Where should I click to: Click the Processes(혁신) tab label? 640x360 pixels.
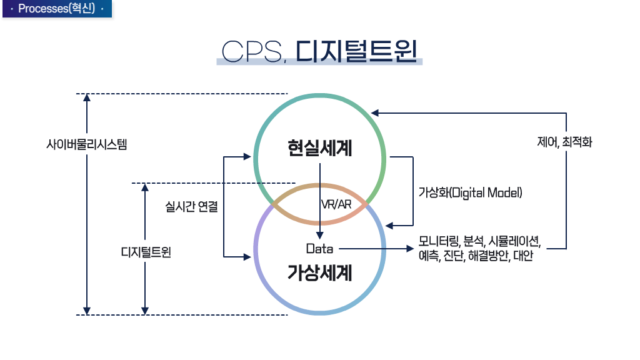(x=56, y=9)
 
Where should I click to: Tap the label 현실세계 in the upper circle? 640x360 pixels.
(x=320, y=149)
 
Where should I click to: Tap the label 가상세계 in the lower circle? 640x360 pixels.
(x=320, y=273)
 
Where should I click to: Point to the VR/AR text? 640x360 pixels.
(x=336, y=204)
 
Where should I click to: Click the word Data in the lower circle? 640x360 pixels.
(x=319, y=249)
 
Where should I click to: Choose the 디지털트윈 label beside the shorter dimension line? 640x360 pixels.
(x=146, y=253)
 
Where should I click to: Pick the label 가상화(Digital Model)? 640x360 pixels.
(x=470, y=192)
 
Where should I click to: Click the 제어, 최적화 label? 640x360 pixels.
(x=564, y=142)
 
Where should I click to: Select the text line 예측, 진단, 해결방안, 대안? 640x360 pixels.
(x=476, y=256)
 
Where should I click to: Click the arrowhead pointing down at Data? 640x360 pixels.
(x=320, y=236)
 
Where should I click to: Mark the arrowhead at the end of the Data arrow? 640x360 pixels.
(x=411, y=249)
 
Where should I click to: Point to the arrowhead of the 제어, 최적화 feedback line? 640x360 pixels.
(x=374, y=113)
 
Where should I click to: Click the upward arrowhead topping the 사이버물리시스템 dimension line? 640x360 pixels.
(x=87, y=97)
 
